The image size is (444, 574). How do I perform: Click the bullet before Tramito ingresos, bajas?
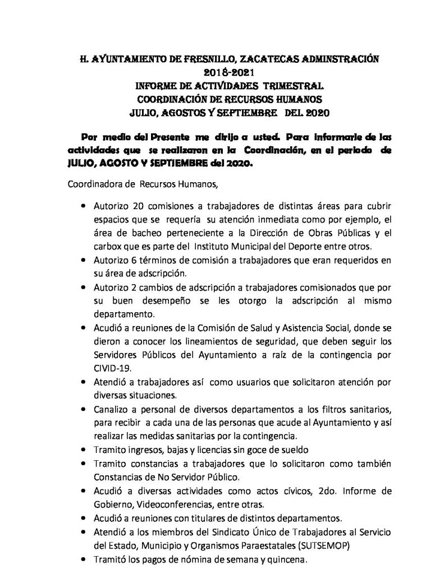(84, 450)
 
